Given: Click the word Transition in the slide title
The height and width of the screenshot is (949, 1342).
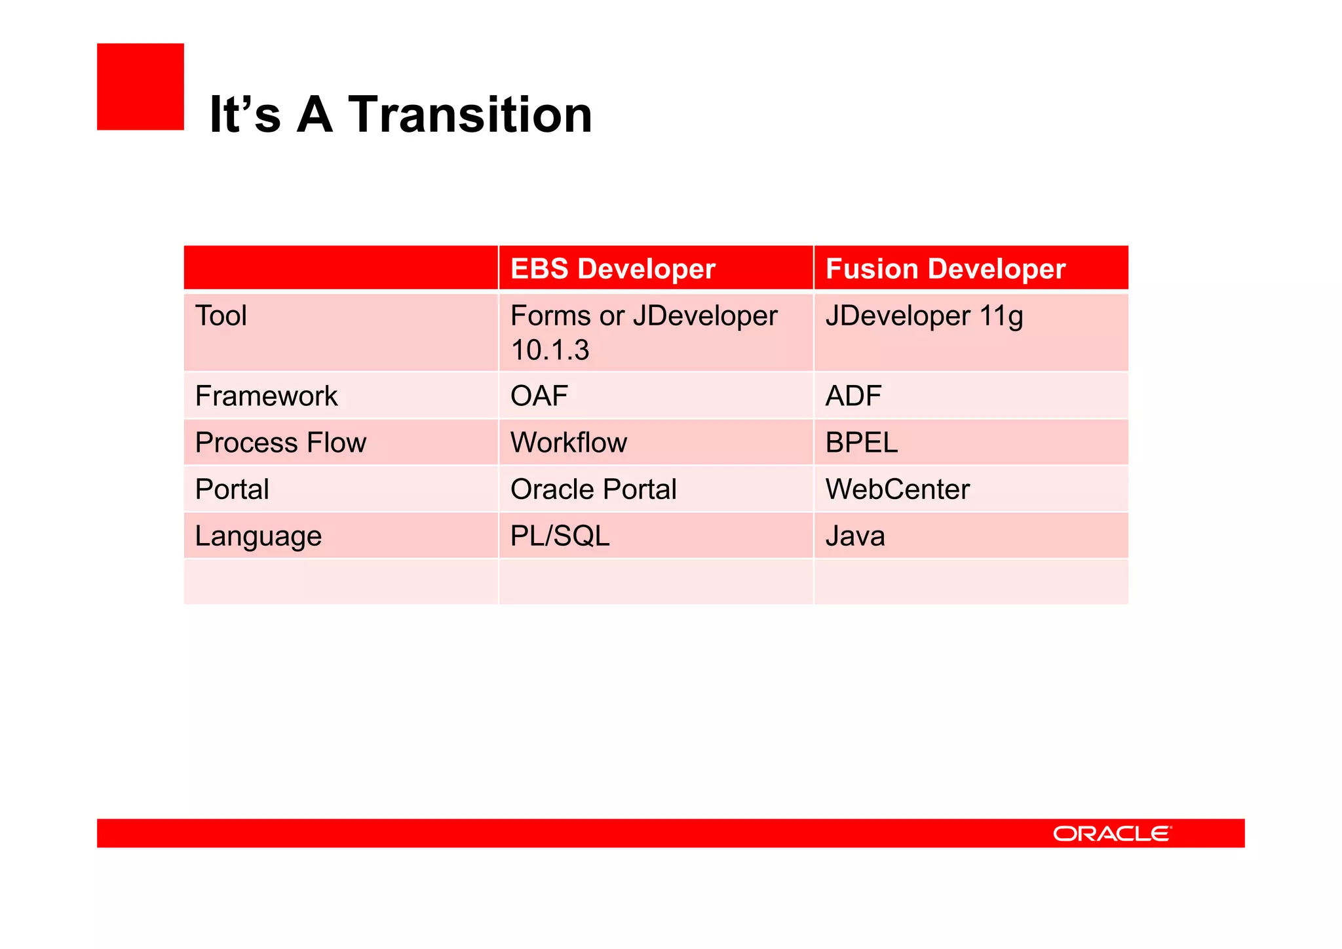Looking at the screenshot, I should (469, 115).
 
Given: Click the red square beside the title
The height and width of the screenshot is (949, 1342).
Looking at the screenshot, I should (140, 87).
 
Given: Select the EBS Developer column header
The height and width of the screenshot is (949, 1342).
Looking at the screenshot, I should (612, 269).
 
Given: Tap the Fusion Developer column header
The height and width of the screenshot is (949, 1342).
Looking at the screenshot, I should (945, 269).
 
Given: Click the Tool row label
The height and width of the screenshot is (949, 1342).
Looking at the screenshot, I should (221, 316).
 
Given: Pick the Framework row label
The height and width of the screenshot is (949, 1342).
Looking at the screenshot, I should (266, 396).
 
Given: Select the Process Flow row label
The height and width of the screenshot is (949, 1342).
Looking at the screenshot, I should (280, 443).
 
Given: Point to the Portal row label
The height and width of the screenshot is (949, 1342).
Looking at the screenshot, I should (232, 489).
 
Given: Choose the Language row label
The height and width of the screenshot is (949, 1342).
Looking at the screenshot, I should (258, 536).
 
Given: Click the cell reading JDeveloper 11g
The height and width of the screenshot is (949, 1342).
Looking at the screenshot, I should (923, 316).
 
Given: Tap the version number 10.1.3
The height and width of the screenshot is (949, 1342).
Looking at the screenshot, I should (550, 350).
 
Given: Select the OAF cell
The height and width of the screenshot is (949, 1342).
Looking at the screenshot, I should (539, 396).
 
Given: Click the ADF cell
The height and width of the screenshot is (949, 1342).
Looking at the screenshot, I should (853, 396).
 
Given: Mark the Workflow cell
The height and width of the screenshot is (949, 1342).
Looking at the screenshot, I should (568, 443).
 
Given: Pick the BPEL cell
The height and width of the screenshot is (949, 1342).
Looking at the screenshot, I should (861, 443).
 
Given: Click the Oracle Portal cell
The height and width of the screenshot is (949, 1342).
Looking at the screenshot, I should (593, 489).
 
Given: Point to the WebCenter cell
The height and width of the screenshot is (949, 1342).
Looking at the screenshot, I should (897, 489).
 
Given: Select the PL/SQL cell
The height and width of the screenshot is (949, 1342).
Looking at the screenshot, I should (560, 536).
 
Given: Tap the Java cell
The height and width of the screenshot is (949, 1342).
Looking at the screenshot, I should (854, 536).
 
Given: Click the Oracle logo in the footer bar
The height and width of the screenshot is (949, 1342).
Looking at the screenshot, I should (1111, 834).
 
